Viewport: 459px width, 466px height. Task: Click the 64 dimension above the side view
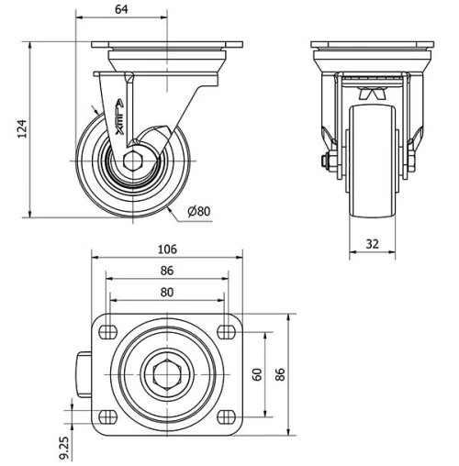(122, 9)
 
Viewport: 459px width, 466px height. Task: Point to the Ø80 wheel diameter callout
(198, 211)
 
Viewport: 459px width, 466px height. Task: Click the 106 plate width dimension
(166, 250)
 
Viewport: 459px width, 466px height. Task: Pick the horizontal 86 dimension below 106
(166, 272)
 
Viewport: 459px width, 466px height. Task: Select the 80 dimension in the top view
(166, 294)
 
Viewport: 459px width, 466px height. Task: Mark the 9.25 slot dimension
(62, 445)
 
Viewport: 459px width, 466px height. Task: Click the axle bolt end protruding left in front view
(326, 164)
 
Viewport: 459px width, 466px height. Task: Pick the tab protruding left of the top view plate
(84, 373)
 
